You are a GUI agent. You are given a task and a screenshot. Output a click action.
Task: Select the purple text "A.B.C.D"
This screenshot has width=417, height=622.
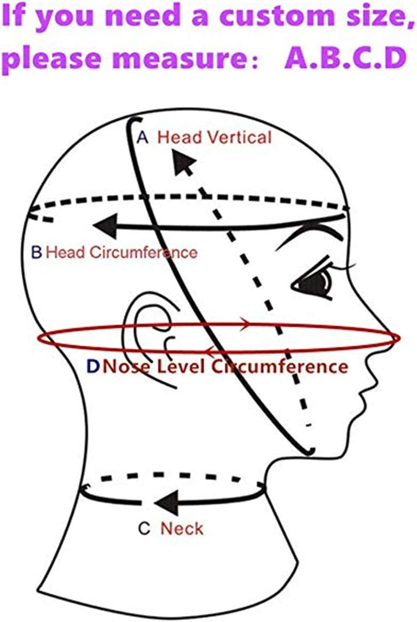(345, 58)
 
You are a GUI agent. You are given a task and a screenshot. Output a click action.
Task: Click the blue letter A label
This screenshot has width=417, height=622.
(143, 137)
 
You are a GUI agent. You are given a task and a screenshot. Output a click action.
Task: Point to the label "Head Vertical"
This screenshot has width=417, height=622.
(214, 137)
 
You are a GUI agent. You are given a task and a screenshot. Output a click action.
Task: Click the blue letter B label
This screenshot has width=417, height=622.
(37, 252)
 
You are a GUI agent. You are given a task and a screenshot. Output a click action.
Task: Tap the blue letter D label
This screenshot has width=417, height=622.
(93, 366)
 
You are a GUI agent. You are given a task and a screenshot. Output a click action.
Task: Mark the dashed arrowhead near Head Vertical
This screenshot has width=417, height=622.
(184, 162)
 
